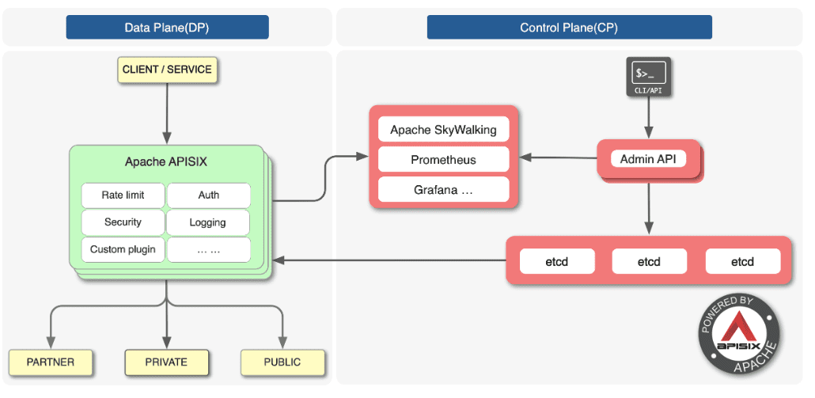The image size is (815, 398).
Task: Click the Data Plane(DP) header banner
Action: [167, 27]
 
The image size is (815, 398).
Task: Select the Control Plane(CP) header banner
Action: [569, 27]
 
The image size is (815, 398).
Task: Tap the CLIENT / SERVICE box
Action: [167, 70]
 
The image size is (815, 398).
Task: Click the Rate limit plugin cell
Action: [123, 195]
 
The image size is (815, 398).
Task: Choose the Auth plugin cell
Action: [209, 195]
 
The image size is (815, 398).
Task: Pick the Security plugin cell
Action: [123, 222]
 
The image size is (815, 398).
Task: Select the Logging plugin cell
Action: [208, 222]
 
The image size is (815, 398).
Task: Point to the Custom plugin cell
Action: [123, 249]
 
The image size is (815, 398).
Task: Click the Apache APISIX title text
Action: [166, 162]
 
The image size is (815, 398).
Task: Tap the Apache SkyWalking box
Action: [443, 130]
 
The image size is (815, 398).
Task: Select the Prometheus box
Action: [443, 160]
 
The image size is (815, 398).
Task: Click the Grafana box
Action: [443, 190]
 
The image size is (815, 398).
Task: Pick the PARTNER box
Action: [51, 362]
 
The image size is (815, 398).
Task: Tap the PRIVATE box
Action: [166, 362]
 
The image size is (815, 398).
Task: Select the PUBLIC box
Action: [282, 362]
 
